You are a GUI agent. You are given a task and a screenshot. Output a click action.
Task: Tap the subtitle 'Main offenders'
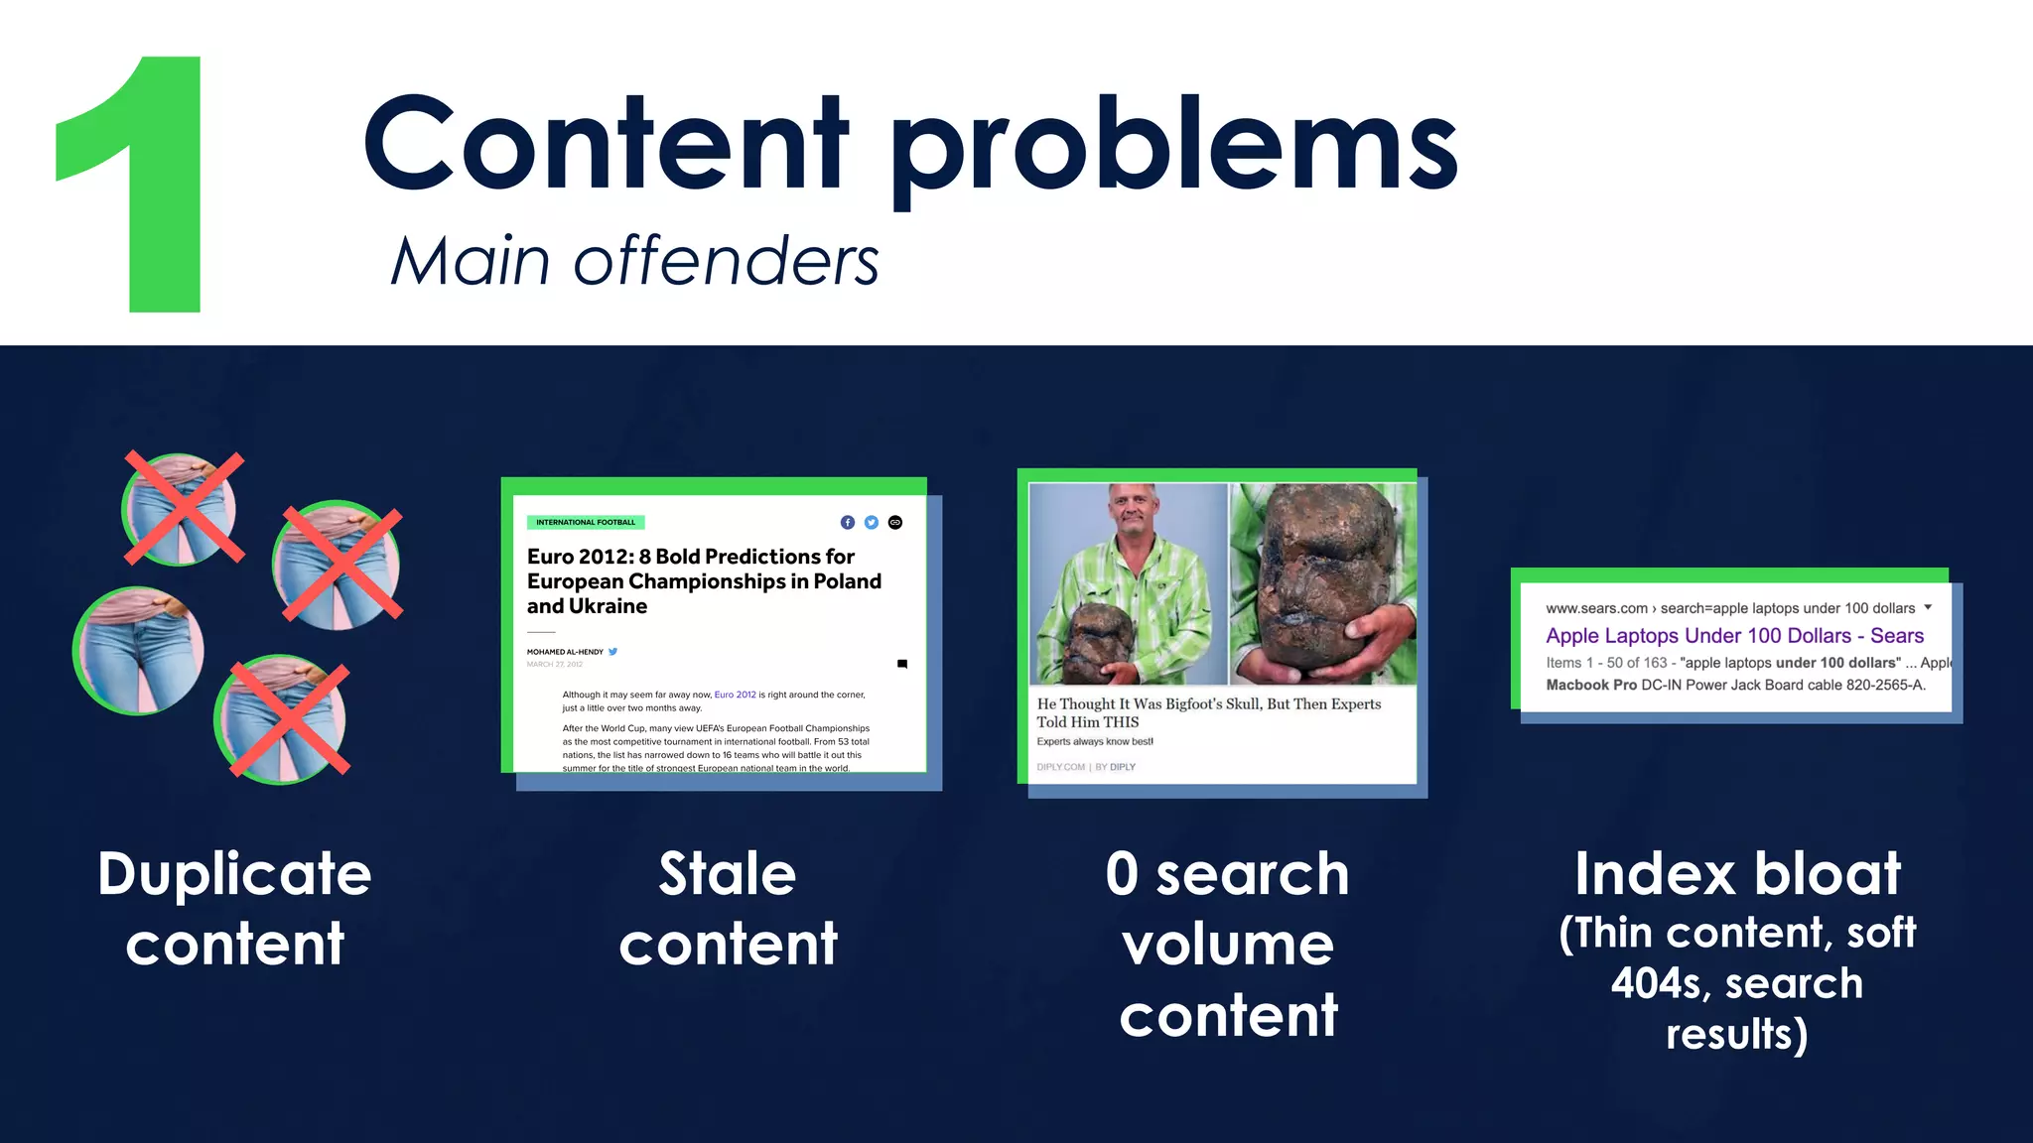pos(635,262)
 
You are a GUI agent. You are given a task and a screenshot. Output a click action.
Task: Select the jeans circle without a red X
pos(139,651)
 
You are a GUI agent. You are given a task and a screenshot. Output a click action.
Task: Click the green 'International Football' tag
pos(586,522)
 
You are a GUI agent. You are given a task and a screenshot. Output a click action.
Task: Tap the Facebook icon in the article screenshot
pos(847,523)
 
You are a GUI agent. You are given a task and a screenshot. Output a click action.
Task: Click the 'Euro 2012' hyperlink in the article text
pos(735,695)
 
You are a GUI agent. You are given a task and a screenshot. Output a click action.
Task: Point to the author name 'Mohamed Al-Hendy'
pos(565,652)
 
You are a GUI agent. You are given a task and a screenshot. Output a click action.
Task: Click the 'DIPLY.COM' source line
pos(1060,767)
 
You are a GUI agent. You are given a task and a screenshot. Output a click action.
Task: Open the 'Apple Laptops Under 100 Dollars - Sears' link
pos(1734,636)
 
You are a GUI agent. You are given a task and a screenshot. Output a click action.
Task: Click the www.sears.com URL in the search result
pos(1596,608)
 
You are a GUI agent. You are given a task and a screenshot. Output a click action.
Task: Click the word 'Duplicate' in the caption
pos(234,874)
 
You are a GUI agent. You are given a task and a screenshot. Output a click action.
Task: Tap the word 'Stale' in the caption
pos(727,874)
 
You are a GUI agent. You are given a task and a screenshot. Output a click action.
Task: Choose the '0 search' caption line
pos(1227,874)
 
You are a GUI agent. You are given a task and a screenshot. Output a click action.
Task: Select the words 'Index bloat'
pos(1737,874)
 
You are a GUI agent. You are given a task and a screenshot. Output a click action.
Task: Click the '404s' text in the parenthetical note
pos(1660,983)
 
